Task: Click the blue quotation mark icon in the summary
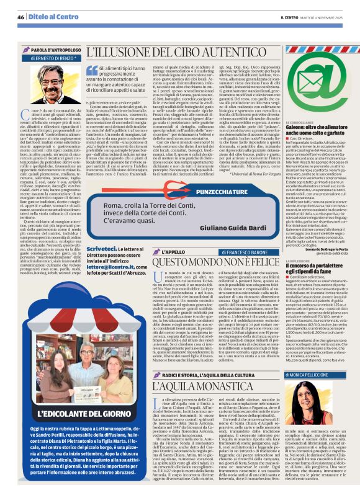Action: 92,71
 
